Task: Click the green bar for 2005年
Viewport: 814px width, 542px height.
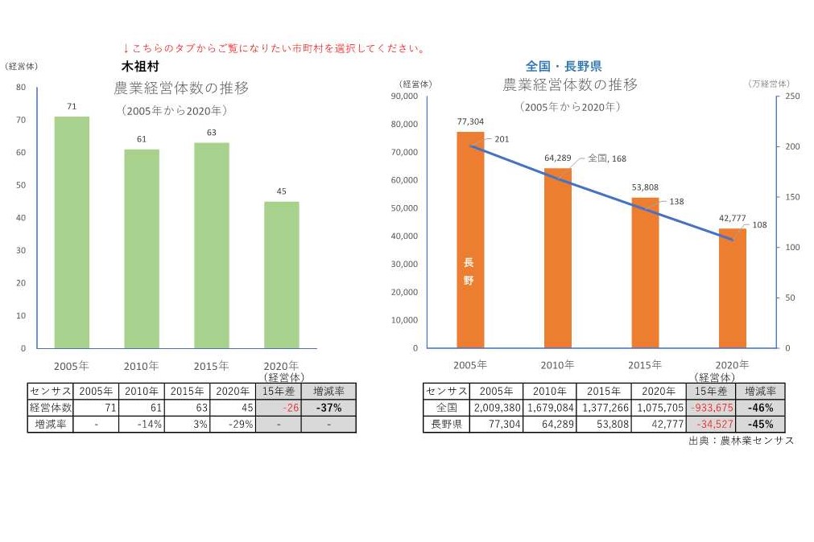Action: [x=72, y=232]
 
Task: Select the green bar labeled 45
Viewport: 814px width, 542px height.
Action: [x=281, y=275]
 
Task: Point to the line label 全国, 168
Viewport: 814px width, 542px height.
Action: [x=607, y=158]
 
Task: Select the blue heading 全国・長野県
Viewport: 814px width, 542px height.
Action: [x=564, y=66]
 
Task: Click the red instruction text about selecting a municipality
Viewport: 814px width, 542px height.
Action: [x=274, y=48]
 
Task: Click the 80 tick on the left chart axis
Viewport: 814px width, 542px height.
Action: [x=21, y=88]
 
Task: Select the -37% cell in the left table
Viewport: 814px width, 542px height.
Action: [x=328, y=408]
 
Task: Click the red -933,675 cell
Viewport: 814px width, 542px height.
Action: [x=708, y=408]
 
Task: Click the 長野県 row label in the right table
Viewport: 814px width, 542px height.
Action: [x=446, y=424]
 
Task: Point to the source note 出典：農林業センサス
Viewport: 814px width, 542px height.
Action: [x=742, y=441]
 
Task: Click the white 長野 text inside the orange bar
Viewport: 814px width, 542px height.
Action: [x=469, y=272]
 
